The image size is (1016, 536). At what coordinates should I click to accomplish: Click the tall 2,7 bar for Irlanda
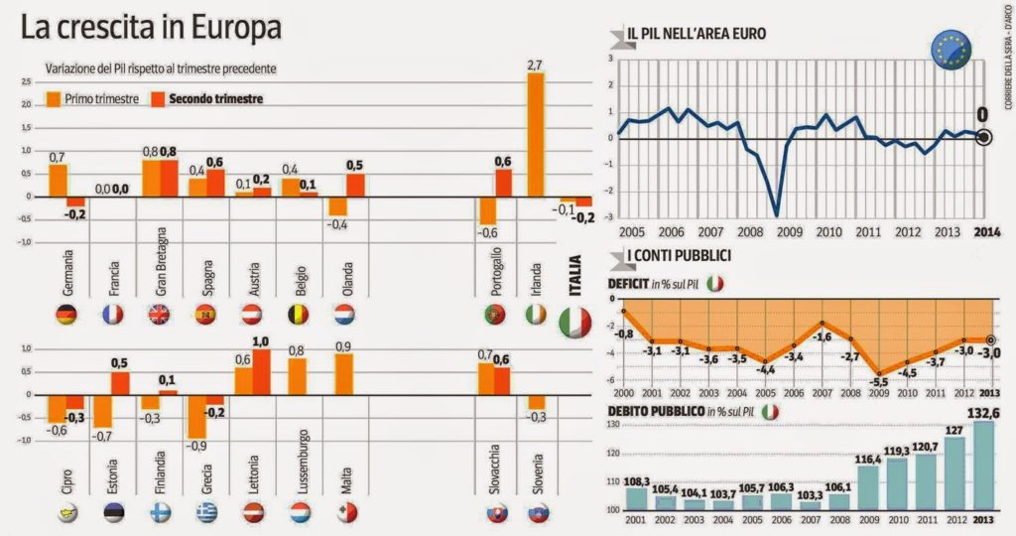tap(536, 135)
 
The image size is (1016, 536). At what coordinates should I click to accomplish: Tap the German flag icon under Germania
tap(66, 316)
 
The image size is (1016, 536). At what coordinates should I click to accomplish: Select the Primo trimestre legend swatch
tap(54, 99)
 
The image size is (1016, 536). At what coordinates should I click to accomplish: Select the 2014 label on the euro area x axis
tap(986, 231)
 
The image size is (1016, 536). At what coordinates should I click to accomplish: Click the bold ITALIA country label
tap(574, 275)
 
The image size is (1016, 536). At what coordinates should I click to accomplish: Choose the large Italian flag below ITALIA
tap(574, 322)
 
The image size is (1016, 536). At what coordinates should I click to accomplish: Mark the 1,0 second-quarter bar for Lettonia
tap(261, 371)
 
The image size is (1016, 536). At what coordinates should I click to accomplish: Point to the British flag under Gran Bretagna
tap(160, 316)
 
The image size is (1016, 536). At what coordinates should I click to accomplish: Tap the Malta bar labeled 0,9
tap(344, 374)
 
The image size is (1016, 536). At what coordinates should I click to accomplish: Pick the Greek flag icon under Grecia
tap(205, 512)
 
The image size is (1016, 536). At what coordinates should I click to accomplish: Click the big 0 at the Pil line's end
tap(982, 115)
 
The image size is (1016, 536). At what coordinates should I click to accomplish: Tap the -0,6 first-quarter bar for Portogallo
tap(487, 210)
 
